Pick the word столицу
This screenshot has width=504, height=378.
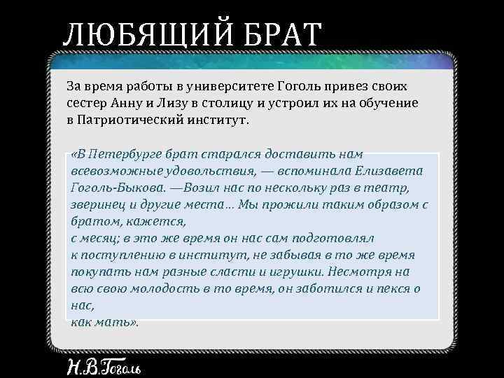point(227,102)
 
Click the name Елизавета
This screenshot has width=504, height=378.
point(393,171)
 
